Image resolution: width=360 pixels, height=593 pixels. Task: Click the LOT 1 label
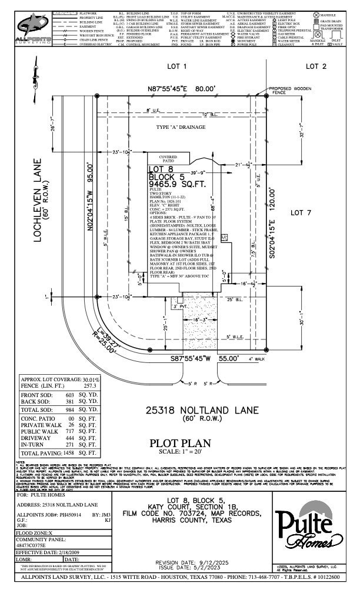(x=176, y=66)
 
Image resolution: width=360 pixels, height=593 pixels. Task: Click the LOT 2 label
(x=315, y=66)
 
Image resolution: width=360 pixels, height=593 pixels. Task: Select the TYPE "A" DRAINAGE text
(x=181, y=127)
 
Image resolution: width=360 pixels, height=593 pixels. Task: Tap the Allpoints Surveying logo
(x=34, y=28)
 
